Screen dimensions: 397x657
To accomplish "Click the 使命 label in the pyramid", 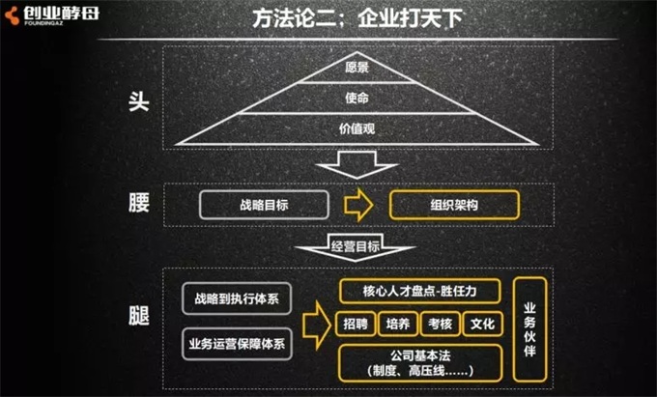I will [x=357, y=98].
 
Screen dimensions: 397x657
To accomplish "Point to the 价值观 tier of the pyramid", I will [x=357, y=128].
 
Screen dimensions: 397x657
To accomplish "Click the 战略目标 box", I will [x=265, y=205].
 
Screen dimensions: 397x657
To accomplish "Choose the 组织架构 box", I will [x=454, y=205].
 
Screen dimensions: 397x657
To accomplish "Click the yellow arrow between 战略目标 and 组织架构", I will [x=358, y=205].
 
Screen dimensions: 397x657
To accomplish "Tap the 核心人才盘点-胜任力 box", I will [x=420, y=292].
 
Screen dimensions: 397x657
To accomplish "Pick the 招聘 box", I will [x=355, y=325].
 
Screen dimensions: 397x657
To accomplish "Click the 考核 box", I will [x=440, y=325].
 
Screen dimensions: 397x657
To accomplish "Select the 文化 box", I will [x=482, y=325].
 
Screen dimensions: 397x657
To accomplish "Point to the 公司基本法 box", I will [x=420, y=362].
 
